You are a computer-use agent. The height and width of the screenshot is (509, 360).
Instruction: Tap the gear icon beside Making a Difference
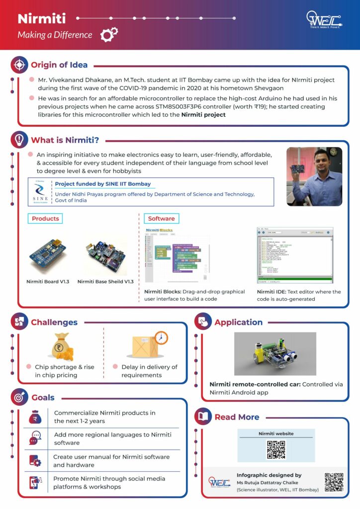point(109,34)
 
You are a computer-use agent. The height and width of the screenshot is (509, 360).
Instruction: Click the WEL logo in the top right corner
point(323,21)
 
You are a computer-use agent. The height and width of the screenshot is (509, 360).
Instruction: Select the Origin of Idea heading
point(59,65)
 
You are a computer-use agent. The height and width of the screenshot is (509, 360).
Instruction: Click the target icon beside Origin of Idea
point(19,65)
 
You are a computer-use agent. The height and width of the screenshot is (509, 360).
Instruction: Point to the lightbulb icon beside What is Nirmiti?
point(19,139)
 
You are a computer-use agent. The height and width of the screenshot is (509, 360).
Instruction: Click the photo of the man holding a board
point(314,176)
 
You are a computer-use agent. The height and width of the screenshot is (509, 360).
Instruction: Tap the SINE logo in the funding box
point(40,192)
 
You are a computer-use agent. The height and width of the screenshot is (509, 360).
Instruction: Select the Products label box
point(45,218)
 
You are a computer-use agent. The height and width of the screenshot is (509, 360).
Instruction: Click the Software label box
point(161,218)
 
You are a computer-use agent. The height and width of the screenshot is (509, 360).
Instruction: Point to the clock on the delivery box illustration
point(161,338)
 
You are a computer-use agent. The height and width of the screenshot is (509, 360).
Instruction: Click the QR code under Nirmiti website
point(275,449)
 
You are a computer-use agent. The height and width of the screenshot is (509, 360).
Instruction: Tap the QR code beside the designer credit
point(334,482)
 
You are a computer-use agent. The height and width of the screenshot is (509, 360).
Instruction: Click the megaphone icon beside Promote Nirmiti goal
point(34,482)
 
